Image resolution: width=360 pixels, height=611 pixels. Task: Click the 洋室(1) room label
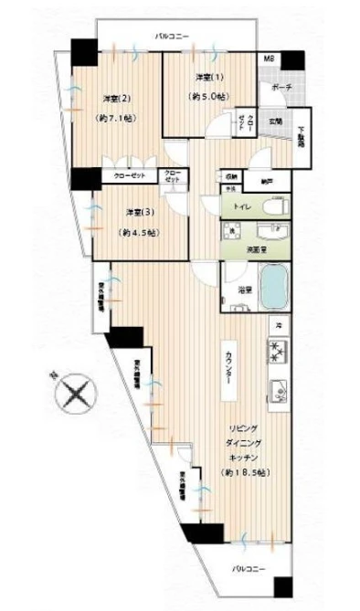click(x=208, y=76)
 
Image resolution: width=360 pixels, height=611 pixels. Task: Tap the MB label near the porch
click(x=270, y=60)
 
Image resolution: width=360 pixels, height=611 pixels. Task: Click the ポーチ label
click(x=281, y=87)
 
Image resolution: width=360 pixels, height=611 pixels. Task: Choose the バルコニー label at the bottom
click(x=248, y=569)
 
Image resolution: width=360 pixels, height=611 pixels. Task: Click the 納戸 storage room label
click(x=265, y=181)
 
